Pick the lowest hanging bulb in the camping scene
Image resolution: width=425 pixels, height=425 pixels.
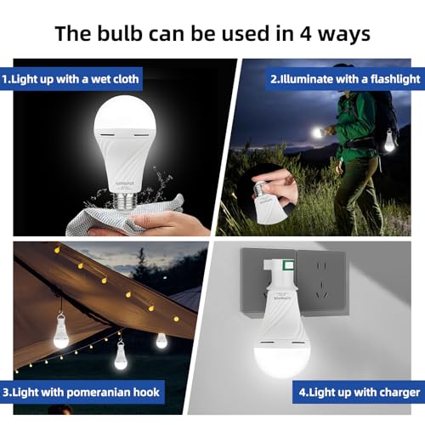119,357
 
